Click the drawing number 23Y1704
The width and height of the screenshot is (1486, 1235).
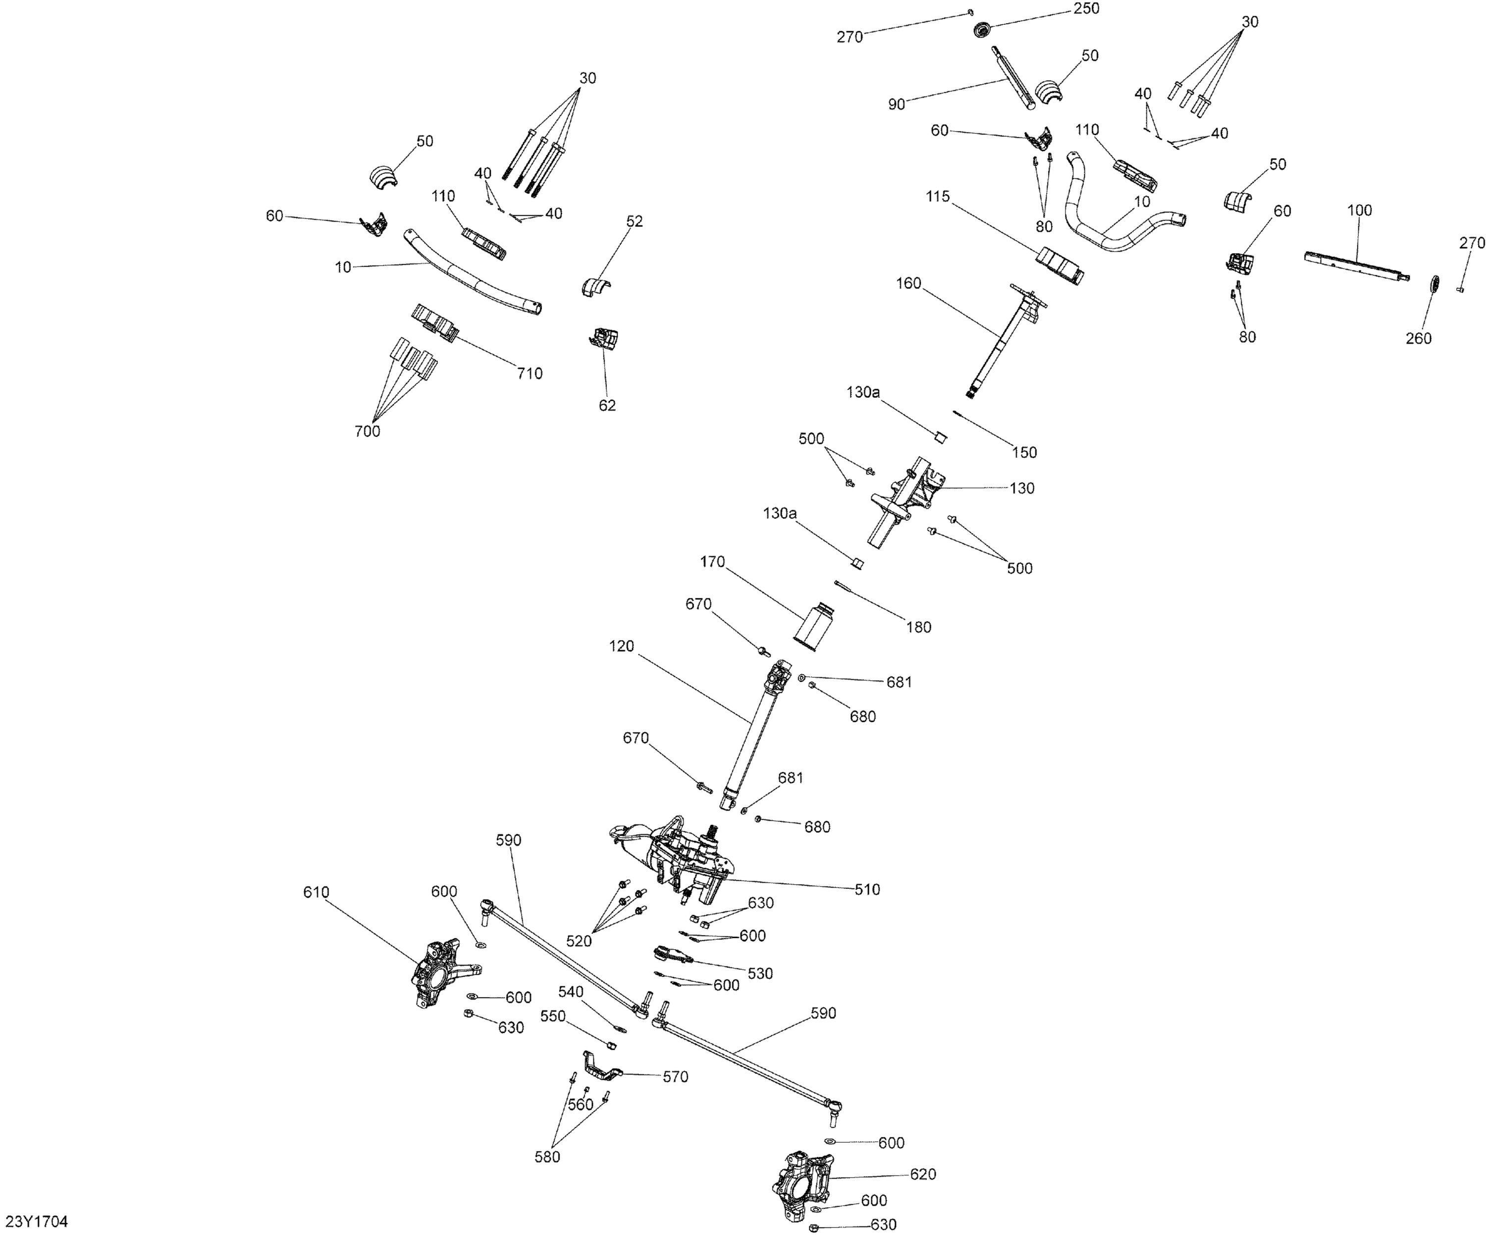[x=37, y=1221]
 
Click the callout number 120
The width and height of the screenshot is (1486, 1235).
[x=621, y=646]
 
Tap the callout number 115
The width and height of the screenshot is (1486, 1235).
[x=938, y=196]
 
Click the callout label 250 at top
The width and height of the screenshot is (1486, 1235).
[x=1086, y=8]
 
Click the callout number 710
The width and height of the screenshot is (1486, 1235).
[x=530, y=373]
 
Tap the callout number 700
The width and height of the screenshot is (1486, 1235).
[x=367, y=431]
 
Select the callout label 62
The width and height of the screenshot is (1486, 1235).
[x=607, y=406]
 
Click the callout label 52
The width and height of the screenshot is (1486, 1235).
[x=635, y=221]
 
